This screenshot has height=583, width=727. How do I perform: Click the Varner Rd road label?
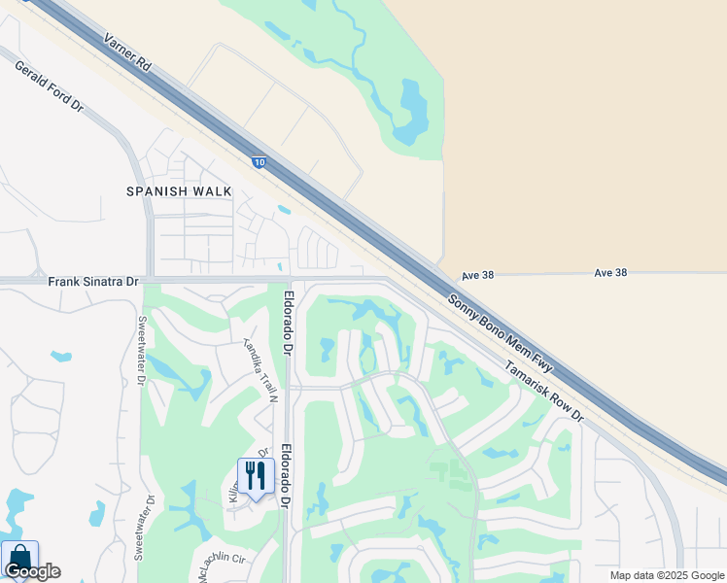click(x=128, y=54)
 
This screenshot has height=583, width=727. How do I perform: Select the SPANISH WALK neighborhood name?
click(x=179, y=191)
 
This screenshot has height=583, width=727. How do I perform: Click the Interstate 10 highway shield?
click(x=258, y=163)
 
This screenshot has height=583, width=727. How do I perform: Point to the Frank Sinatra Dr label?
click(x=93, y=282)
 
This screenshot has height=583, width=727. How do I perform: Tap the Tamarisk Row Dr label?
click(x=543, y=392)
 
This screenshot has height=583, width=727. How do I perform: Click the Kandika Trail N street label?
click(x=260, y=370)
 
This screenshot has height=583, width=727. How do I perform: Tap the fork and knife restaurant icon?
click(x=255, y=476)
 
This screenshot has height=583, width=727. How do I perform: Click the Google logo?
click(x=32, y=571)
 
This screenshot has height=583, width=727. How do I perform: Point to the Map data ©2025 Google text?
click(x=668, y=575)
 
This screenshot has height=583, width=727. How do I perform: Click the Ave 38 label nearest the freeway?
click(x=477, y=275)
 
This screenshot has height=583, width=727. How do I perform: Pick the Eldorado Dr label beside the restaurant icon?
click(x=287, y=477)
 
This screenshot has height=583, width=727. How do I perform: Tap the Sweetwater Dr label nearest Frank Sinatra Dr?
click(x=141, y=344)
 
